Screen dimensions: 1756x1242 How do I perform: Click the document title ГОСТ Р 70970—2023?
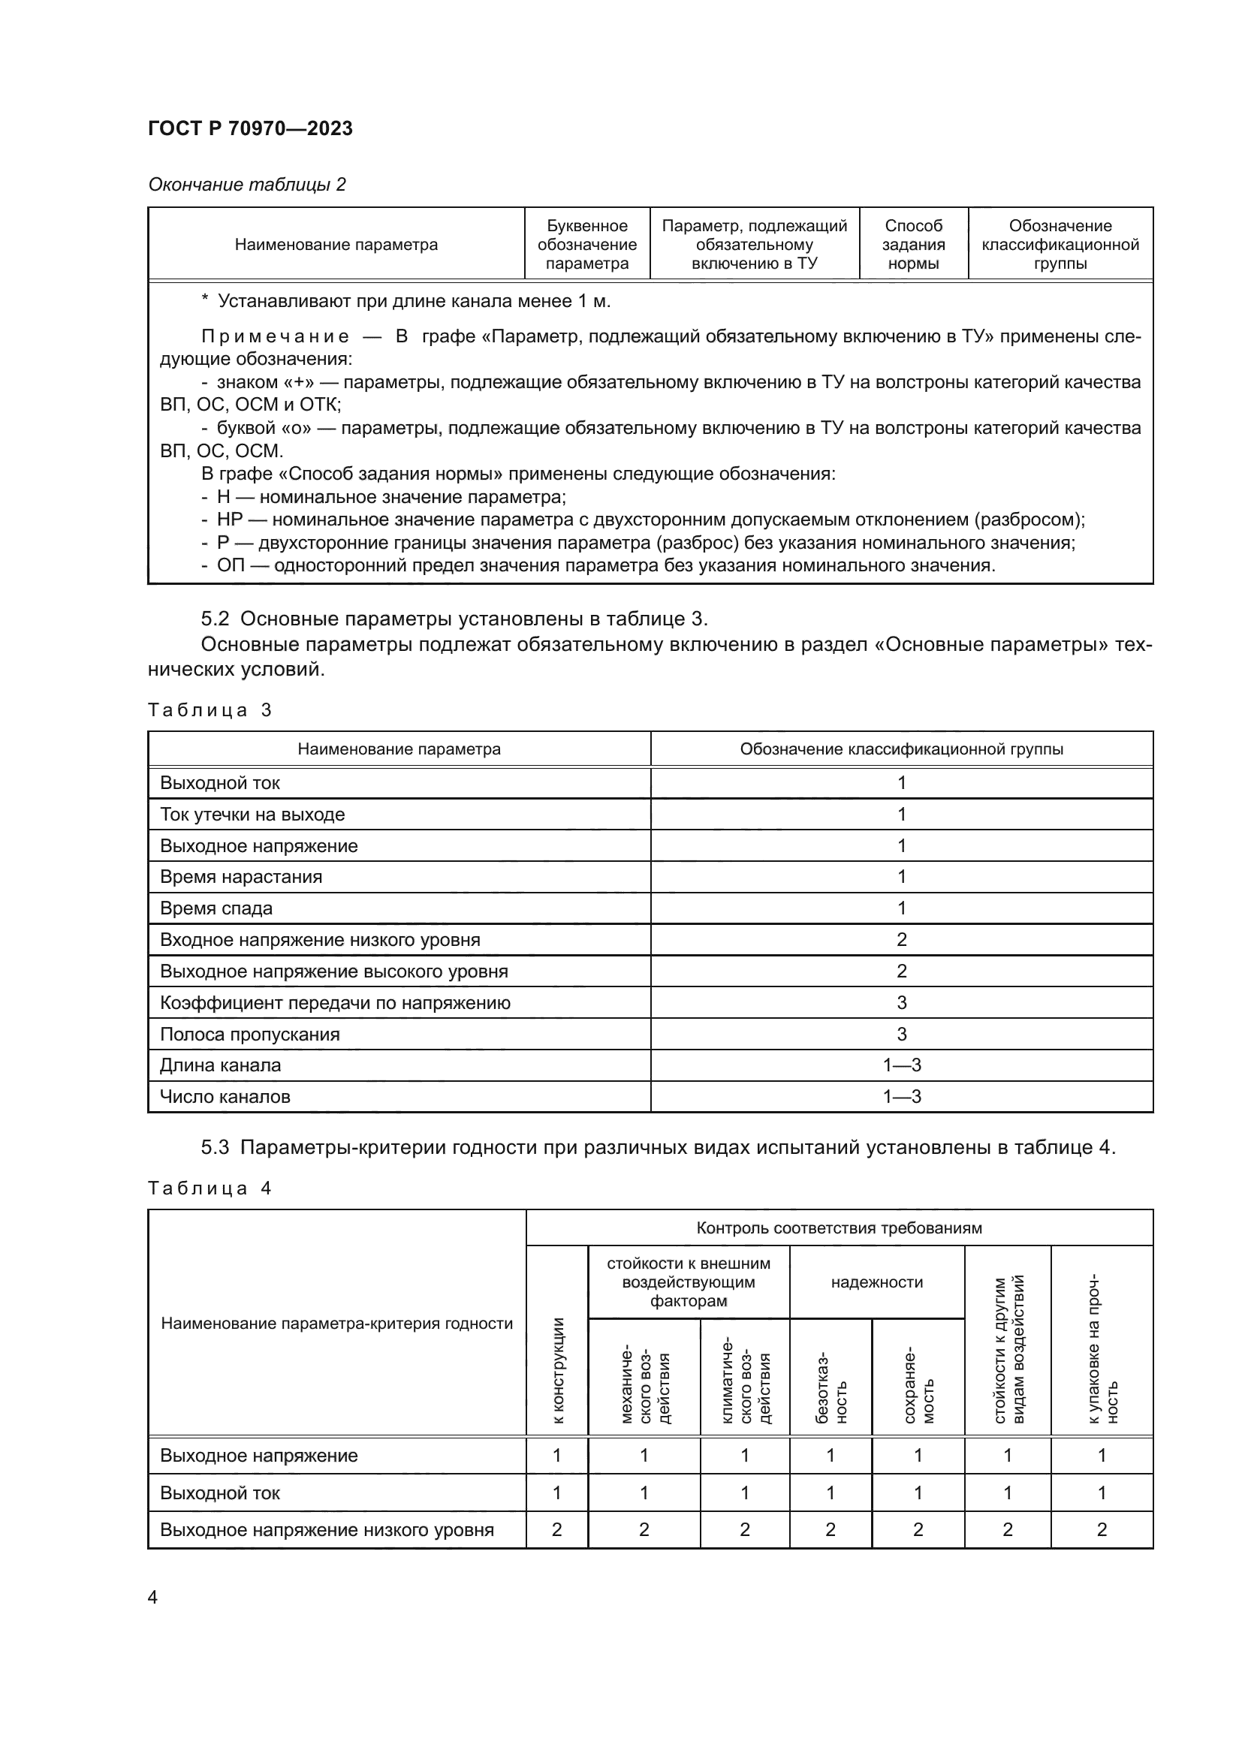pos(250,128)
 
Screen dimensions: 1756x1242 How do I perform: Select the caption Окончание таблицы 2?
pos(246,185)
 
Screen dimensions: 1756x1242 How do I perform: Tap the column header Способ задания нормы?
pos(913,245)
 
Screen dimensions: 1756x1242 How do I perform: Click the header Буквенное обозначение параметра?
pos(586,245)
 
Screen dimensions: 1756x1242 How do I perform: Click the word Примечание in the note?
pos(276,336)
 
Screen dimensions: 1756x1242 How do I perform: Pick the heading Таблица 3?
pos(210,709)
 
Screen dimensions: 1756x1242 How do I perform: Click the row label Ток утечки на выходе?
pos(252,815)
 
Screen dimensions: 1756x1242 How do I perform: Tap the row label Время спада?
pos(216,908)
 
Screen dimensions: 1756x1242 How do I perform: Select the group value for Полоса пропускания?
pos(901,1034)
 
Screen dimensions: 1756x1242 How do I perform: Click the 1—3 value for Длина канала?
pos(901,1065)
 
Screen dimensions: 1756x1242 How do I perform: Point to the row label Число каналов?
pos(225,1097)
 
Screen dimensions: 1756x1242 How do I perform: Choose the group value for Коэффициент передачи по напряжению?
pos(901,1003)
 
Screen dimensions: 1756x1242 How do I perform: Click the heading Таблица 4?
pos(210,1188)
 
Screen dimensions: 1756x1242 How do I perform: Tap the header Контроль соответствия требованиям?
pos(838,1227)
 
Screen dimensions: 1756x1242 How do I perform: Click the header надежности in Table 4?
pos(876,1282)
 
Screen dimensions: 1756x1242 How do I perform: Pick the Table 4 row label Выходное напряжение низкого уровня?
pos(327,1529)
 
